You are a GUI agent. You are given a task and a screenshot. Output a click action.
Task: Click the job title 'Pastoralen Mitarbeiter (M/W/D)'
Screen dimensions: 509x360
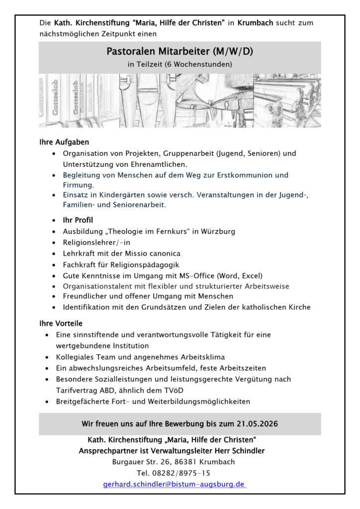point(180,51)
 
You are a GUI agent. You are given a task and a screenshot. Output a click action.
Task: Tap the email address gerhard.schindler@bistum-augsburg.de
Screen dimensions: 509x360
point(174,484)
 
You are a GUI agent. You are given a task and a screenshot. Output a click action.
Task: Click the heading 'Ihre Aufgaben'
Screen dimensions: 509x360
point(64,143)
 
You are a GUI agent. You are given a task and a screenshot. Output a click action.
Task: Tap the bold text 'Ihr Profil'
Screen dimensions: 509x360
point(78,220)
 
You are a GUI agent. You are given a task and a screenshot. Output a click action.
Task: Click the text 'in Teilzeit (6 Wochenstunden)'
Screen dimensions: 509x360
point(180,64)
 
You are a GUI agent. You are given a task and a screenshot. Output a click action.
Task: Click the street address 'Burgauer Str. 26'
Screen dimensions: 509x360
point(140,462)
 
